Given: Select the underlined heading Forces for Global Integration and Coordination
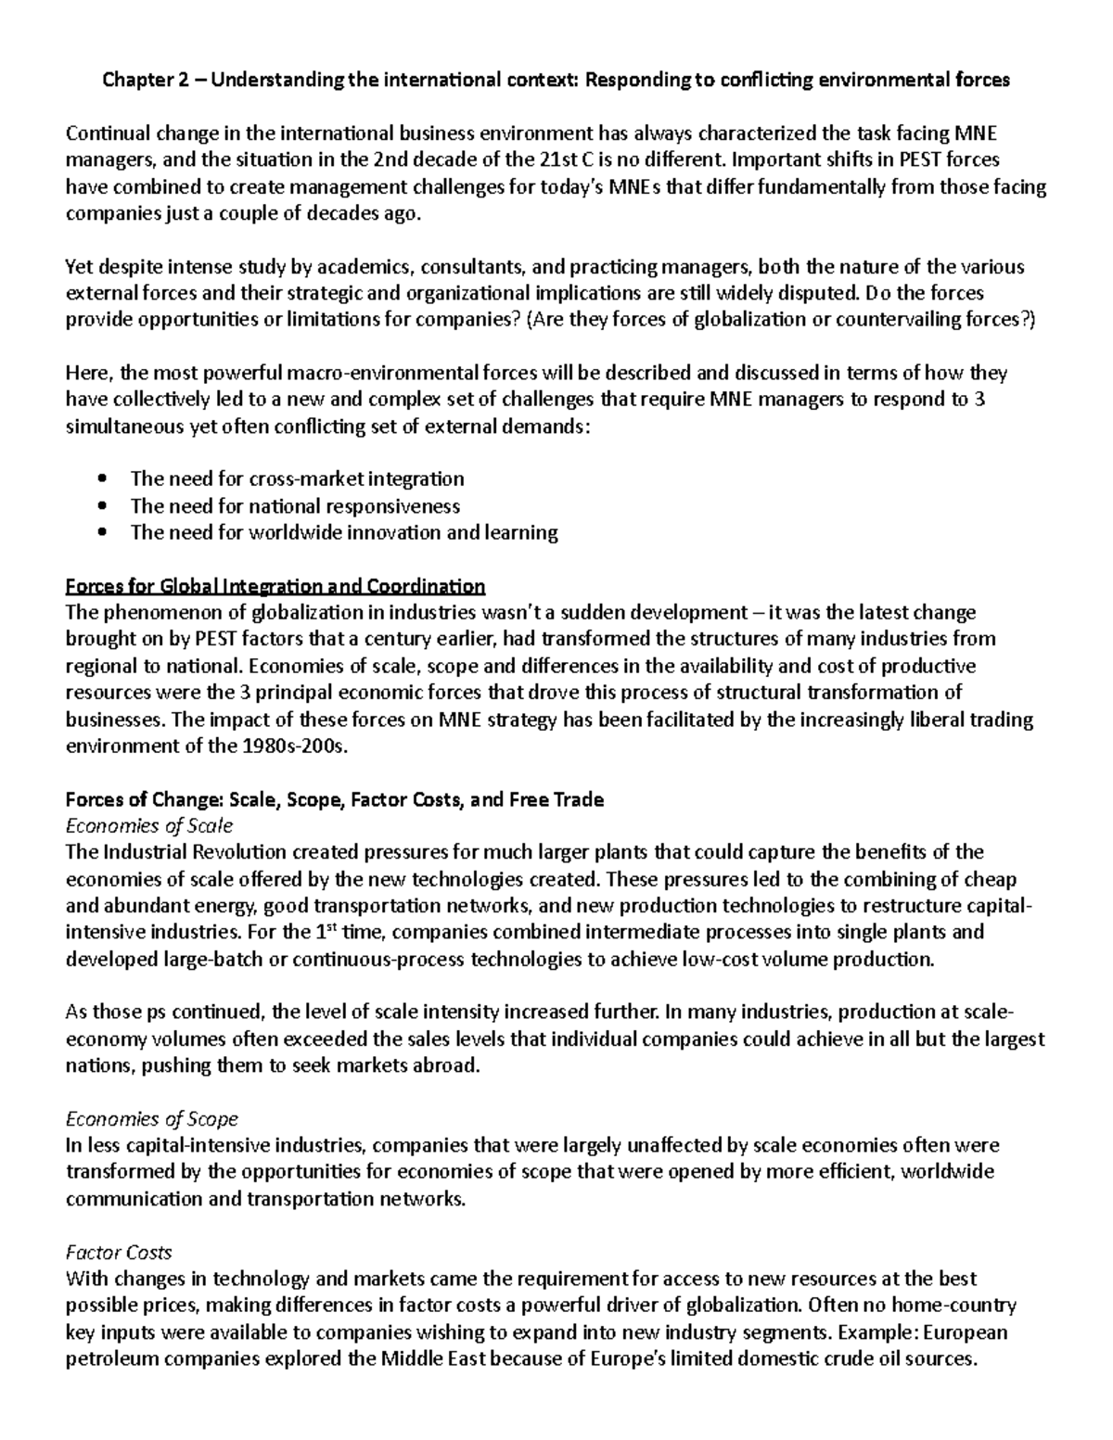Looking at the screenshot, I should pos(275,586).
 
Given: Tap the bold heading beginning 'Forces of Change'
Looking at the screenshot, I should pos(334,799).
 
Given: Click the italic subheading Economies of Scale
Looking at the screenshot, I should pos(148,825).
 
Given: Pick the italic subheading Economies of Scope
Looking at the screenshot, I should pos(152,1118).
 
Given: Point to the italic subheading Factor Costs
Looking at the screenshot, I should pos(119,1252).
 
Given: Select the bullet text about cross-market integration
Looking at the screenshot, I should pos(297,479).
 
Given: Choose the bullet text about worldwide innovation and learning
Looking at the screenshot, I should pos(344,532).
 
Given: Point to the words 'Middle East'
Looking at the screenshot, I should pos(433,1359).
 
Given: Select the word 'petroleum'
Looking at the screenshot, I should pos(105,1359).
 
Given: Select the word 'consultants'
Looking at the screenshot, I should pos(472,267).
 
